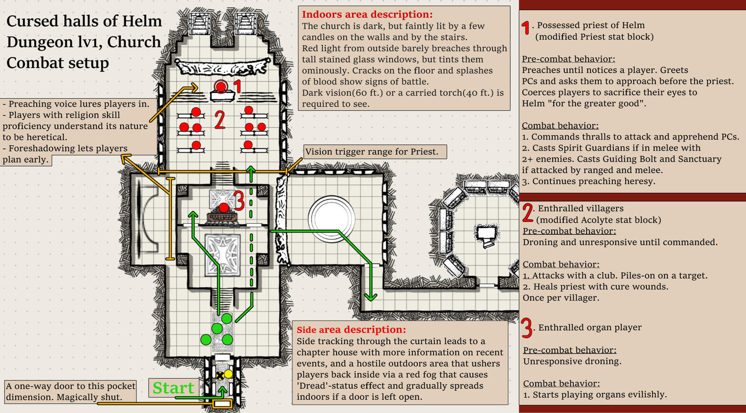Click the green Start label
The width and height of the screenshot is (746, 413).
tap(173, 388)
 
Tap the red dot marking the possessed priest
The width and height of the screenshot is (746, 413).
tap(221, 86)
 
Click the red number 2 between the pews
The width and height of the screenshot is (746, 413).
tap(220, 120)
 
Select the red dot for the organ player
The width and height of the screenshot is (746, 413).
tap(224, 208)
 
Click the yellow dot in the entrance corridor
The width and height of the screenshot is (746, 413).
tap(229, 374)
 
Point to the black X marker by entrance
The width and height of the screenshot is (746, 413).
tap(220, 376)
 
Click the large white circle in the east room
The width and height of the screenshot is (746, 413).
tap(331, 219)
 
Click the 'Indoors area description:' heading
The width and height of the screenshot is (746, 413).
tap(367, 14)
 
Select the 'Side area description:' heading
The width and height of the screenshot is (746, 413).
tap(351, 329)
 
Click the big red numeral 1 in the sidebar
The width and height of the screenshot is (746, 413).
tap(526, 28)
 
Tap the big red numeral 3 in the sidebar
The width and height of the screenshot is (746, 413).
tap(527, 328)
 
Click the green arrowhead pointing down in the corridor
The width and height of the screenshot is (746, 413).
tap(370, 297)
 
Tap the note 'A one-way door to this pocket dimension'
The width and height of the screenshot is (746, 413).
tap(70, 391)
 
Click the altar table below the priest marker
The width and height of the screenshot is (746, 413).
tap(223, 96)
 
